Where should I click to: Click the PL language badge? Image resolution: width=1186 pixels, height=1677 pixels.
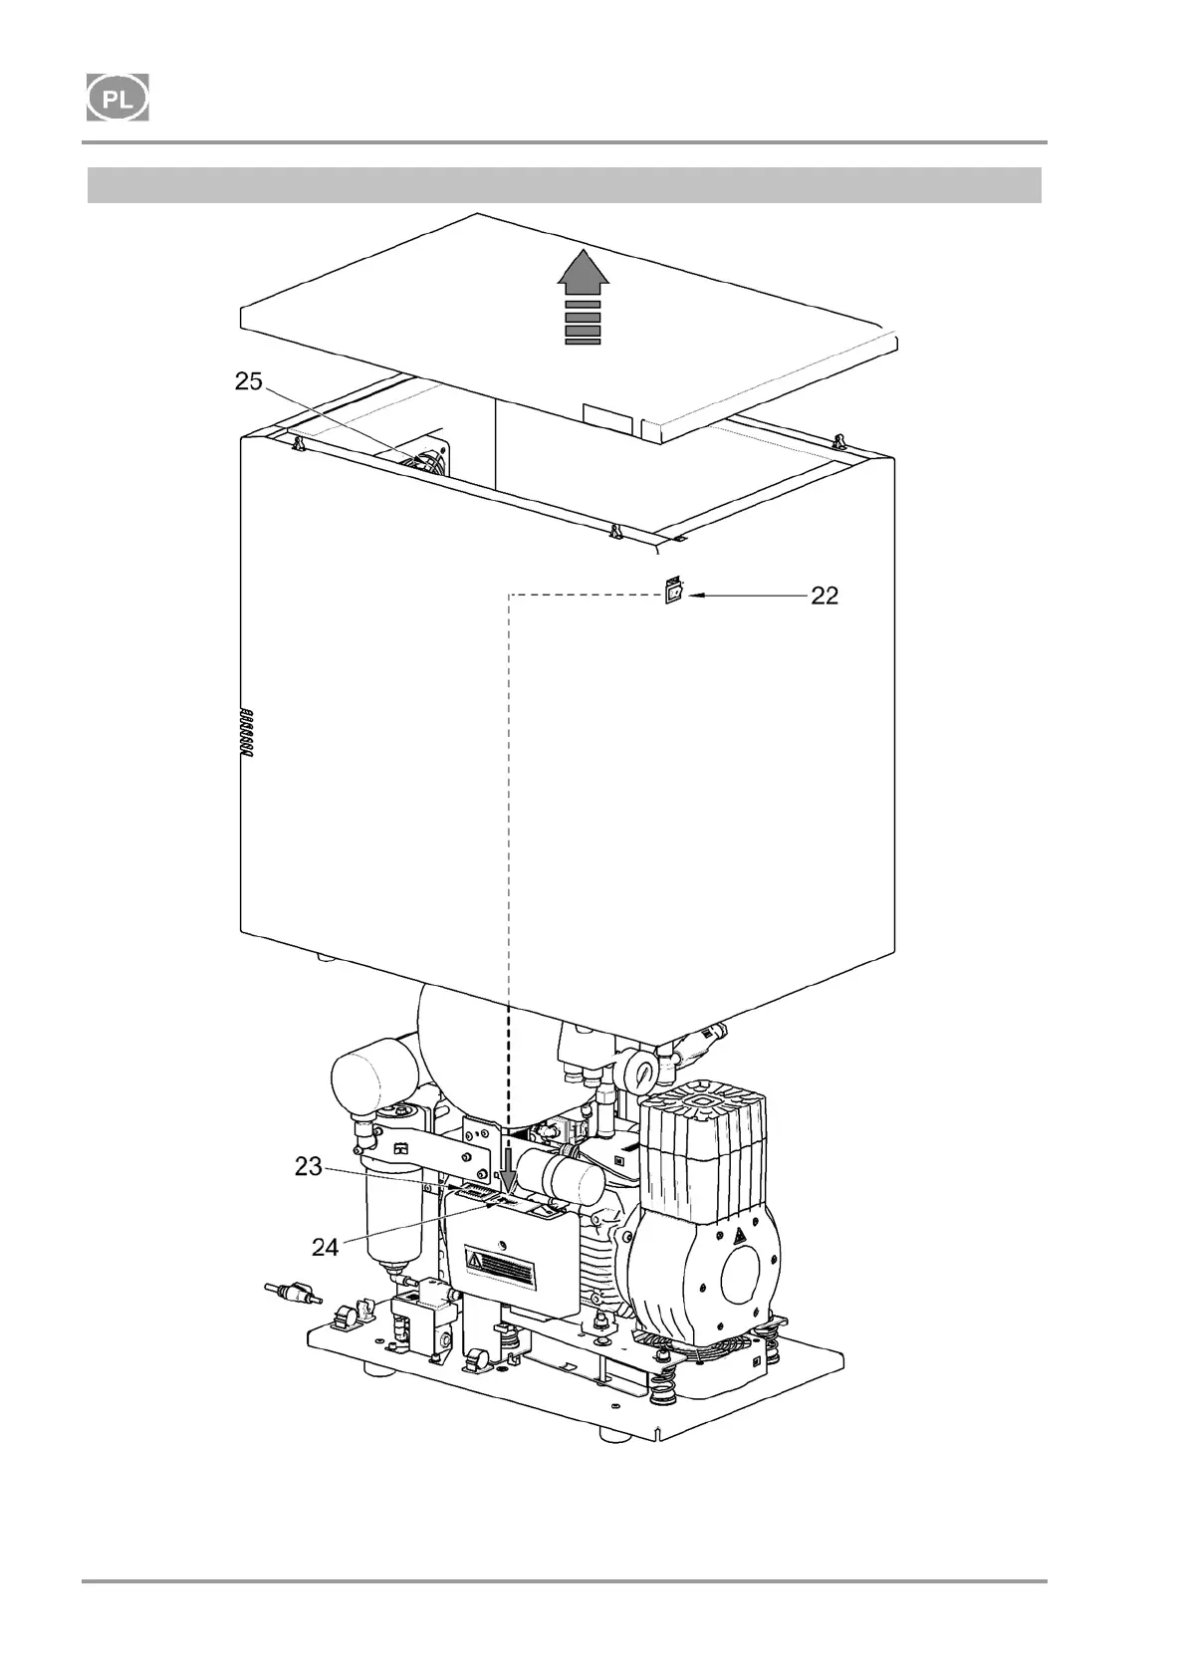118,98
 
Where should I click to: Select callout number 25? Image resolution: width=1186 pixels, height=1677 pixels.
249,380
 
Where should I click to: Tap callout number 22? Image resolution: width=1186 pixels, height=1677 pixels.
825,596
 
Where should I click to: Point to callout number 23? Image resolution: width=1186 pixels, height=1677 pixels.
308,1166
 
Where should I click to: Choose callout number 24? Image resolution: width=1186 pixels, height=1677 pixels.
326,1246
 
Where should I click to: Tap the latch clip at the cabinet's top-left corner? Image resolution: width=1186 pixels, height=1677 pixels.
298,443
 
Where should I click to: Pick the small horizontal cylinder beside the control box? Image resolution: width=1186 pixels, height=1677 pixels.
560,1174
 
